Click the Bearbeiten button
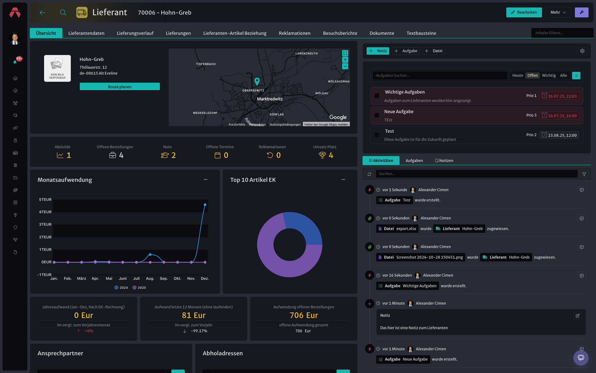click(x=524, y=12)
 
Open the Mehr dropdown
click(x=558, y=12)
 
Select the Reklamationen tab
click(x=295, y=33)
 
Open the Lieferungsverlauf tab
click(x=135, y=33)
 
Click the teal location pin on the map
click(x=257, y=81)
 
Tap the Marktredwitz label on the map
click(x=270, y=99)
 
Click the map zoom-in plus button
click(x=345, y=60)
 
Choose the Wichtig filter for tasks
click(x=549, y=76)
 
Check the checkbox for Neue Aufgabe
click(x=377, y=115)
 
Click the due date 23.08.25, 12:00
click(x=559, y=135)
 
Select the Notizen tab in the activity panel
click(x=444, y=161)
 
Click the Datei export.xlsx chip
click(x=397, y=229)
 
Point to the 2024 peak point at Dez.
click(x=205, y=205)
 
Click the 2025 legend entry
click(x=139, y=288)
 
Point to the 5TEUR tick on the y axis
click(x=45, y=200)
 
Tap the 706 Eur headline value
click(x=304, y=315)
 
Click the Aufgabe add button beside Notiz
click(x=406, y=51)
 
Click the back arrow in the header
click(x=43, y=12)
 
